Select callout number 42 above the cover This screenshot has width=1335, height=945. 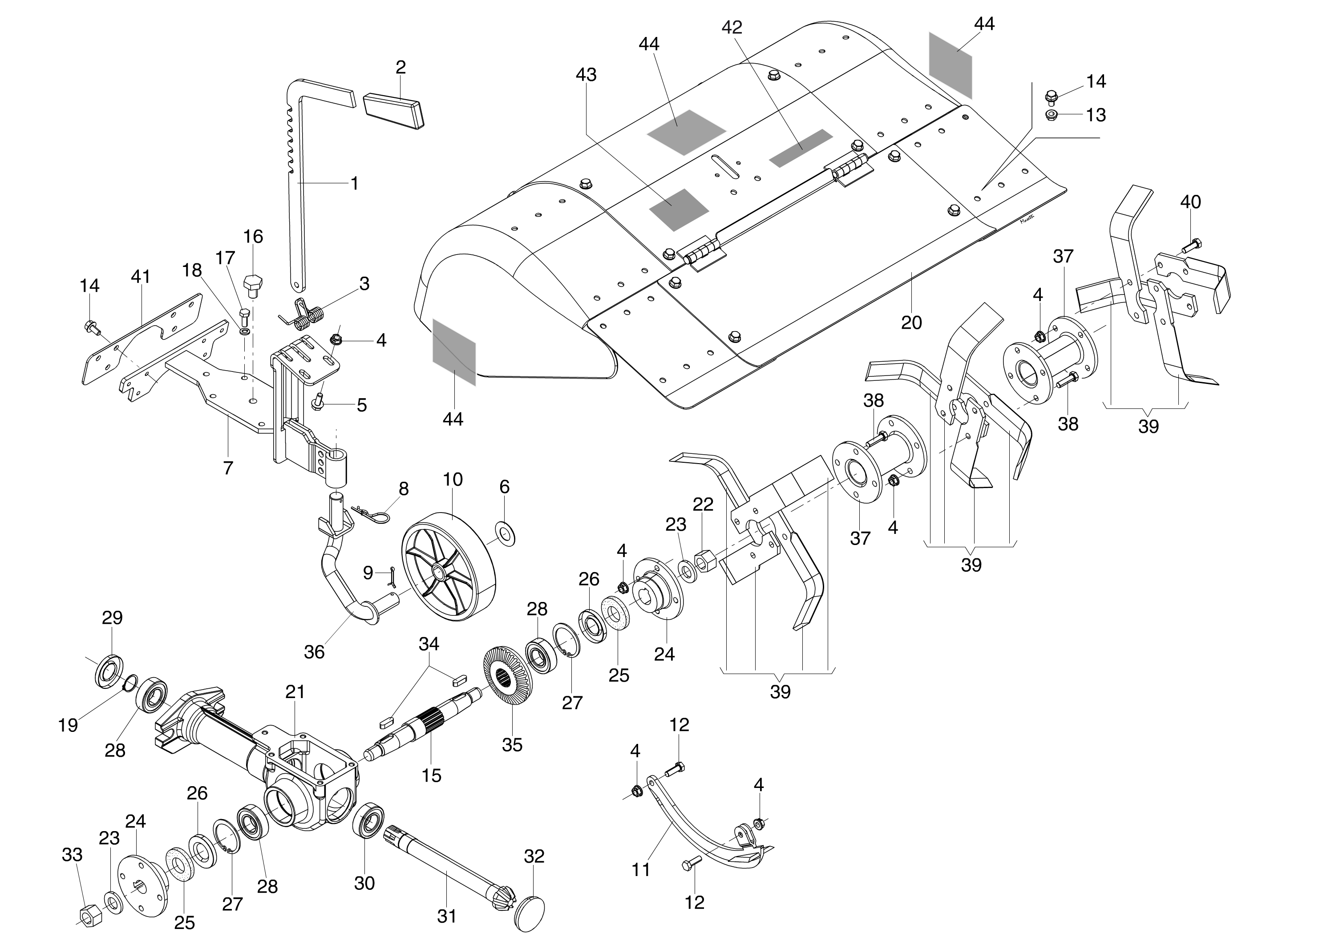732,27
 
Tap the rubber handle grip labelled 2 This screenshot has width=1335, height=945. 394,109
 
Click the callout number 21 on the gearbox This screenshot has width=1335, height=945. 295,692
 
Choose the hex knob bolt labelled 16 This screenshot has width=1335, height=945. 253,283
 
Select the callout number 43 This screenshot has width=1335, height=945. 586,75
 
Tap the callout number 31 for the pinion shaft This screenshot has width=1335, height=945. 446,916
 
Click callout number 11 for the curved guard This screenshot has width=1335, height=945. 641,870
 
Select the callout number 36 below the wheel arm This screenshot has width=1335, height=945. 314,652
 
